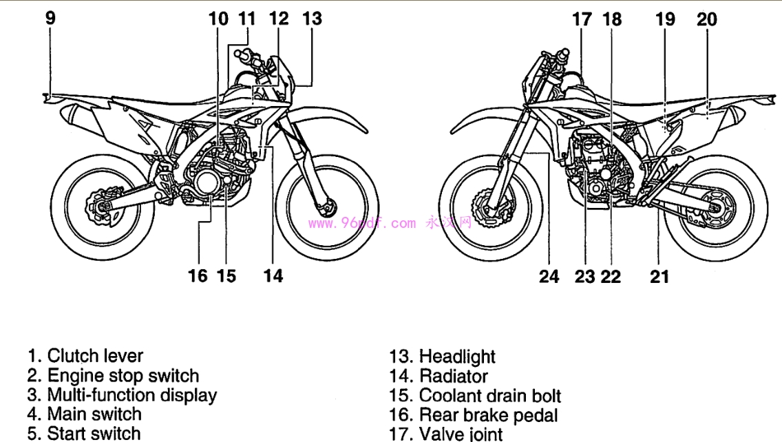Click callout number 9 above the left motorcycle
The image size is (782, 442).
pos(50,18)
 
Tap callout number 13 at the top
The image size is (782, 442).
pos(313,18)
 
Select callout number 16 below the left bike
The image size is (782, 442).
pos(198,276)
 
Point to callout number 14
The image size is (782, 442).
pos(273,276)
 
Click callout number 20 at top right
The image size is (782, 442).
pos(706,19)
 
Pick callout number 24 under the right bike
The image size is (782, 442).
pos(549,277)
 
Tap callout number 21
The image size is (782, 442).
pos(659,277)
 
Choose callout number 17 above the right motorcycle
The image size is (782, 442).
pos(582,19)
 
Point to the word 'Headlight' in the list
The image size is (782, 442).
pos(457,357)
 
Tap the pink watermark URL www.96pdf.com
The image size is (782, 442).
pos(362,223)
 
